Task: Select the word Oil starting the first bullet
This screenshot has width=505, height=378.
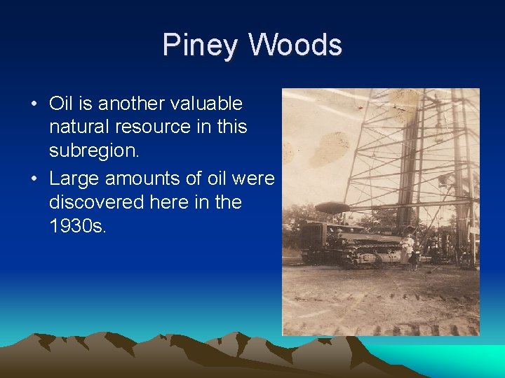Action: coord(61,104)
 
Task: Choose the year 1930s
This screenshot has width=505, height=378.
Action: coord(78,226)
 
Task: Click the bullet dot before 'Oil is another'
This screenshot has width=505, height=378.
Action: coord(34,104)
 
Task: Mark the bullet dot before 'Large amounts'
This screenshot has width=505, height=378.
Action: coord(34,179)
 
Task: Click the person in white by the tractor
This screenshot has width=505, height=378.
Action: coord(408,248)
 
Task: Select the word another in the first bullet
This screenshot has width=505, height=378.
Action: coord(131,104)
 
